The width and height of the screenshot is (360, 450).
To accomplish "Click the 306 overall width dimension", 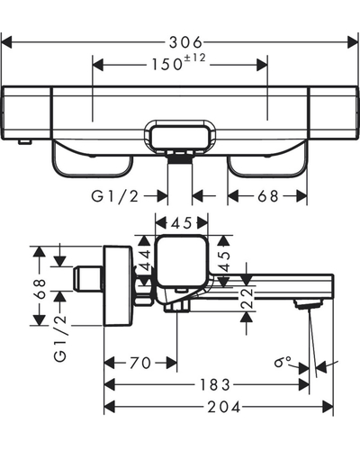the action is (185, 42).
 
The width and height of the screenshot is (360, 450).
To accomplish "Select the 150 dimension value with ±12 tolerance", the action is (179, 63).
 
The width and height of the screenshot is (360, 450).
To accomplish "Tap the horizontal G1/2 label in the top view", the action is (115, 196).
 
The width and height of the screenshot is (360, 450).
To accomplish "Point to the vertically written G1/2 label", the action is (60, 338).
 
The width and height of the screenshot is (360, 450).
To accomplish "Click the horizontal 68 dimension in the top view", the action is (268, 196).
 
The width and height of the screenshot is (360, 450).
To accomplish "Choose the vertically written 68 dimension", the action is (40, 289).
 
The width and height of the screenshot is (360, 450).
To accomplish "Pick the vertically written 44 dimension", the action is (146, 260).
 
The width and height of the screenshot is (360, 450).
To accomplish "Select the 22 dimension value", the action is (247, 298).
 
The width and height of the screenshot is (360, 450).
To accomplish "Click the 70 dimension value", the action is (140, 363).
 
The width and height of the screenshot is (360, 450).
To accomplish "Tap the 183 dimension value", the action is (215, 385).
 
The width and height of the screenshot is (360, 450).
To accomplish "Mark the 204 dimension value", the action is (224, 407).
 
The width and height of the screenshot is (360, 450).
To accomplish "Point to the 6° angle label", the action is (283, 361).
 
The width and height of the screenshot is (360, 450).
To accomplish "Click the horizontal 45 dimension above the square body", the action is (182, 223).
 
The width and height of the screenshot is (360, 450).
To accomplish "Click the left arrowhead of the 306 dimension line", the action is (6, 42).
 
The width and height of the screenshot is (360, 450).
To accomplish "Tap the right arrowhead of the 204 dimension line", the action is (328, 407).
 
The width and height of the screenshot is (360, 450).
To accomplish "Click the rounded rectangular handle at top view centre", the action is (180, 138).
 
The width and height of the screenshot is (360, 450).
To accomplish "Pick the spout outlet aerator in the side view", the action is (309, 303).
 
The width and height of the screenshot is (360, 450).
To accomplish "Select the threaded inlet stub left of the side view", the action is (87, 278).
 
